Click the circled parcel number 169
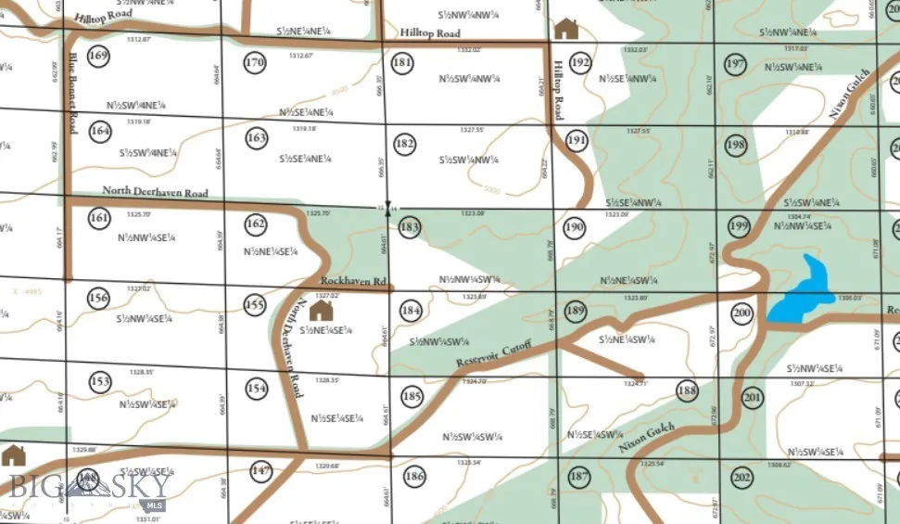click(x=98, y=57)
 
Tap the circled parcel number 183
click(x=412, y=228)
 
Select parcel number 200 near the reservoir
click(x=741, y=313)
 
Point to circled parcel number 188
click(x=686, y=390)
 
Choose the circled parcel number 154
click(x=258, y=388)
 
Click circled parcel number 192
click(x=580, y=63)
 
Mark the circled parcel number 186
click(x=414, y=477)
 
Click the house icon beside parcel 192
click(x=564, y=28)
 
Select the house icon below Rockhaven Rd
click(x=321, y=309)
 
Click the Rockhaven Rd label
click(x=352, y=280)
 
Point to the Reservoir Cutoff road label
click(x=496, y=353)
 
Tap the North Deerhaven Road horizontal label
click(x=155, y=192)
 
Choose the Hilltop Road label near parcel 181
click(x=430, y=33)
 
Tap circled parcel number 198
click(x=736, y=146)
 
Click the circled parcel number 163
click(x=257, y=139)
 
